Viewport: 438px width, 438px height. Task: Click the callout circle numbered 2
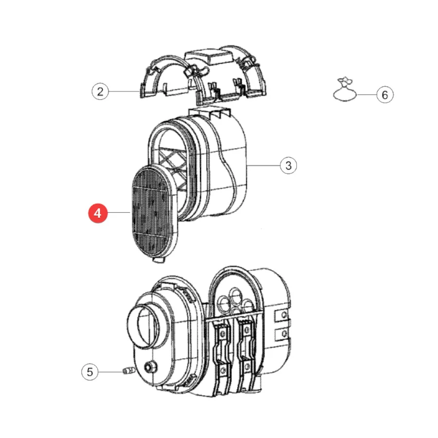pyautogui.click(x=100, y=91)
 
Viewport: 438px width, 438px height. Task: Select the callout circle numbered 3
pyautogui.click(x=288, y=165)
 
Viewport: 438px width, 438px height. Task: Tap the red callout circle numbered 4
pyautogui.click(x=98, y=214)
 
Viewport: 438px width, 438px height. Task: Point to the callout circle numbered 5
pyautogui.click(x=90, y=372)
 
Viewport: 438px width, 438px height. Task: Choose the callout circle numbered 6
pyautogui.click(x=385, y=94)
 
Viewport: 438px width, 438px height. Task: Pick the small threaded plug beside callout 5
pyautogui.click(x=129, y=371)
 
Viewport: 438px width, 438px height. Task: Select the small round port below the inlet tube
pyautogui.click(x=150, y=367)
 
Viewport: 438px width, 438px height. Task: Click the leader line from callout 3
pyautogui.click(x=263, y=165)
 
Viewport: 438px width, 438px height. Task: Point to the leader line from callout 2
pyautogui.click(x=124, y=91)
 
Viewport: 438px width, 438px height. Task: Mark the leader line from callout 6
pyautogui.click(x=367, y=95)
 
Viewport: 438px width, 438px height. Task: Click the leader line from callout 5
pyautogui.click(x=110, y=372)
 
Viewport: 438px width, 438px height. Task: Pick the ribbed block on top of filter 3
pyautogui.click(x=210, y=113)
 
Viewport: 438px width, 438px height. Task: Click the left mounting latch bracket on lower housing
pyautogui.click(x=222, y=355)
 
